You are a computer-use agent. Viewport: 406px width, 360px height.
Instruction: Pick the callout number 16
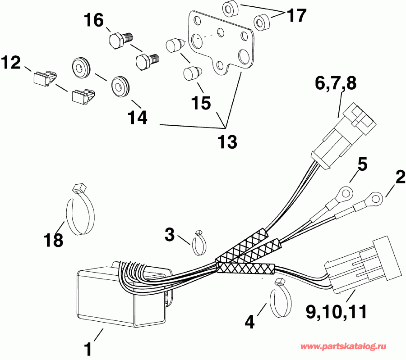[x=94, y=20]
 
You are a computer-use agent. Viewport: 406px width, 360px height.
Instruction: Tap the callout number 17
[x=296, y=15]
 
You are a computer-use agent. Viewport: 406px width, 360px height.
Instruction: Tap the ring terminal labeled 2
[x=375, y=196]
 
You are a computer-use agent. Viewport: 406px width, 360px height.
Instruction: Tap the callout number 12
[x=11, y=63]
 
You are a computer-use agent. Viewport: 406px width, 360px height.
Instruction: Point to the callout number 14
[x=138, y=118]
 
